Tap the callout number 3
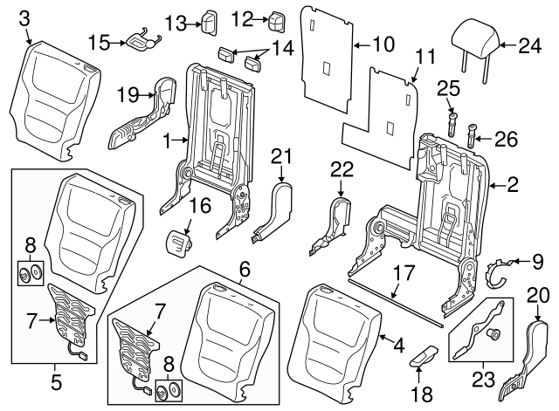(24, 17)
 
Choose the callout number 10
(384, 42)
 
